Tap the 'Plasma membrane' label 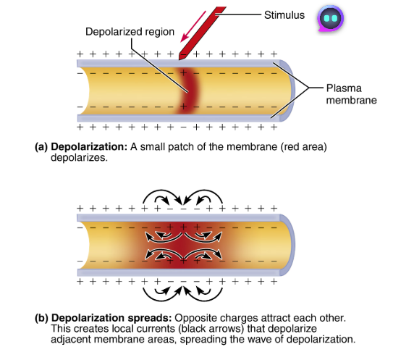coord(347,94)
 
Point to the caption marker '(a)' coord(41,147)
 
